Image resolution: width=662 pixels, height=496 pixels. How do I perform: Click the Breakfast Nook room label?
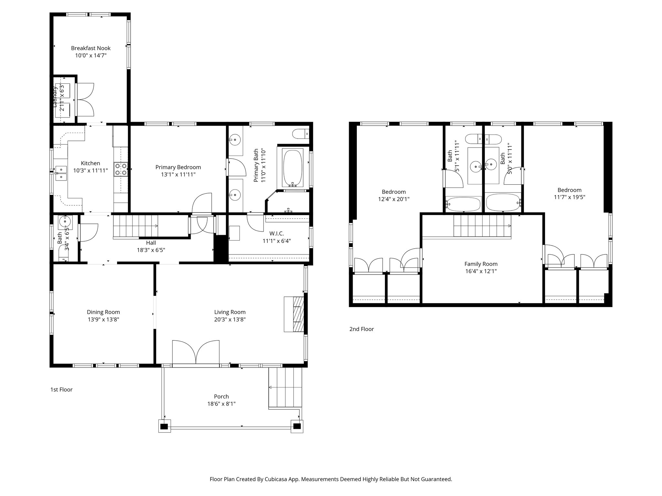coord(91,48)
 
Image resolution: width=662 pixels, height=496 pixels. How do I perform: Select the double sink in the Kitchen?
coord(60,173)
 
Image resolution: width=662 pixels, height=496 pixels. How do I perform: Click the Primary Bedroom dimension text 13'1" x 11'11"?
coord(178,175)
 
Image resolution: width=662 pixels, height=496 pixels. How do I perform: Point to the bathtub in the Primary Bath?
coord(293,168)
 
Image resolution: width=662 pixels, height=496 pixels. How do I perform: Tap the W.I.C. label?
coord(276,233)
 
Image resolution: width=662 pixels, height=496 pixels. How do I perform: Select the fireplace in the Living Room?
coord(294,314)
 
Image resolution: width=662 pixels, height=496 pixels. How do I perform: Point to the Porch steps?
coord(285,388)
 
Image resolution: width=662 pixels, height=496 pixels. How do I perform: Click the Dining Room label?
coord(103,312)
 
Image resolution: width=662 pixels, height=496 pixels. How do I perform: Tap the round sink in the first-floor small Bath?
coord(65,222)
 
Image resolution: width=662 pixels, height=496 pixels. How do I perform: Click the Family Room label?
coord(481,264)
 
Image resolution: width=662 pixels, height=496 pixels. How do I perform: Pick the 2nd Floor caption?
coord(361,329)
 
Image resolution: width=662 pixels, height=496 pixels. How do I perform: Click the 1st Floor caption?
coord(61,389)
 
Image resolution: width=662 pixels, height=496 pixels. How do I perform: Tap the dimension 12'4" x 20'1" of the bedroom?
coord(393,199)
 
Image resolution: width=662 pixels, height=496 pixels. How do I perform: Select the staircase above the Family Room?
coord(482,226)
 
